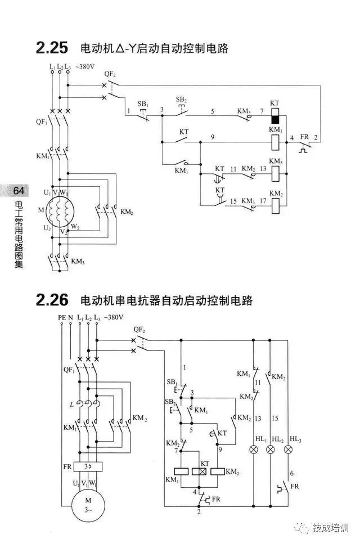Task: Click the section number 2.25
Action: pyautogui.click(x=52, y=48)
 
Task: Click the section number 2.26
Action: pyautogui.click(x=52, y=300)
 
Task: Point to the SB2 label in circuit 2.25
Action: pyautogui.click(x=181, y=100)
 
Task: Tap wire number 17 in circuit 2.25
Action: pyautogui.click(x=262, y=201)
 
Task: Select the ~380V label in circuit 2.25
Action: pyautogui.click(x=84, y=66)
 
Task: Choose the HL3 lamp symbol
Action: pyautogui.click(x=289, y=449)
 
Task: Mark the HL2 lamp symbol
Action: pyautogui.click(x=271, y=449)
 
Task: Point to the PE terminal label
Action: pyautogui.click(x=62, y=318)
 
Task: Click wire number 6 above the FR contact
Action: pyautogui.click(x=291, y=474)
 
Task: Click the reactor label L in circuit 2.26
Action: pyautogui.click(x=71, y=404)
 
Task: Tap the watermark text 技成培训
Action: pyautogui.click(x=331, y=528)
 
